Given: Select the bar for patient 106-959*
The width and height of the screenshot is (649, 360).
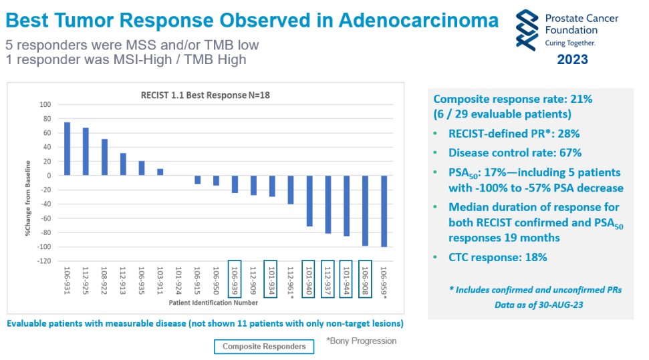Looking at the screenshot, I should click(384, 211).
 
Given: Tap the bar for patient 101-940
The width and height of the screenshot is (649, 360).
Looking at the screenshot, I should click(309, 201).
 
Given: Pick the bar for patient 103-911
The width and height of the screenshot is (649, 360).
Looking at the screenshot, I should click(160, 172).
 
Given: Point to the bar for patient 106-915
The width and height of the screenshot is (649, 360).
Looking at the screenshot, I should click(198, 180).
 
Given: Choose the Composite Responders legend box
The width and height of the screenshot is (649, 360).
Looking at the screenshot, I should click(264, 346).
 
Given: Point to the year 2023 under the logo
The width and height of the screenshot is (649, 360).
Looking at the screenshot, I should click(572, 59).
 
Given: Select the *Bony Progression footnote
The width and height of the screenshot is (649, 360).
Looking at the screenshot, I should click(361, 341).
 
